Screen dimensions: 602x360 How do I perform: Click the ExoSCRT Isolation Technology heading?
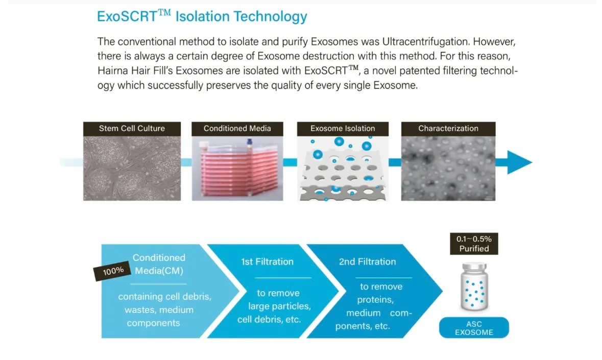coord(202,16)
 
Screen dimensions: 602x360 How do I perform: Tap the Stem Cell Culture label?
coord(132,129)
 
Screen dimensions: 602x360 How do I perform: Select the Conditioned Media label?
coord(237,129)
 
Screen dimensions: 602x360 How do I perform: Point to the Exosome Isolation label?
coord(343,129)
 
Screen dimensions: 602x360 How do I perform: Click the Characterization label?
coord(448,129)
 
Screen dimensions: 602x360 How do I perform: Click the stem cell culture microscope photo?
coord(132,168)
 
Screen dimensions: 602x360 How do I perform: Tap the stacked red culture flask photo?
coord(237,168)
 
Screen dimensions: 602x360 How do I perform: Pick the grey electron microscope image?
coord(448,168)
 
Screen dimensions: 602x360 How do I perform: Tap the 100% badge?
coord(113,271)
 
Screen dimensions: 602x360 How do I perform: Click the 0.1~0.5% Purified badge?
coord(474,244)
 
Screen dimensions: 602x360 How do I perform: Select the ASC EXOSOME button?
coord(474,328)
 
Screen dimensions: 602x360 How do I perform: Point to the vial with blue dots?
coord(474,286)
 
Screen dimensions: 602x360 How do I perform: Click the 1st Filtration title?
coord(267,262)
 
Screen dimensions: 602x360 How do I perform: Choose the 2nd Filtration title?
coord(367,262)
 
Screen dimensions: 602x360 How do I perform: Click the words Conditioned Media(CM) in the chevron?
coord(159,264)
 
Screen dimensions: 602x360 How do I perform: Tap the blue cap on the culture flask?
coord(250,143)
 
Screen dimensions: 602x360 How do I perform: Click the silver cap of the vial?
coord(474,267)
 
